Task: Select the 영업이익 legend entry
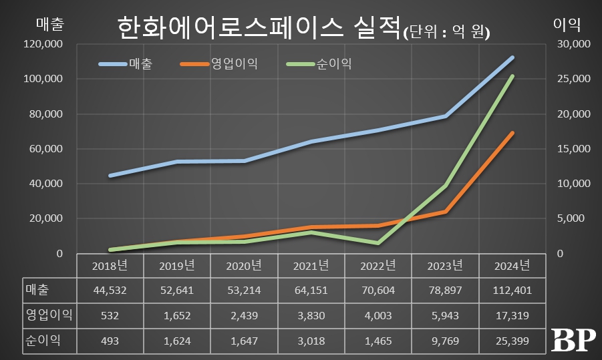[x=233, y=65]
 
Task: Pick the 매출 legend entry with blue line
[x=140, y=65]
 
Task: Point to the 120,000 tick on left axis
[x=43, y=44]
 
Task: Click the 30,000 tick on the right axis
[x=573, y=44]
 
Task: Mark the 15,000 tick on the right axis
[x=573, y=149]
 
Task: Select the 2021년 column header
[x=311, y=265]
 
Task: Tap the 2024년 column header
[x=512, y=265]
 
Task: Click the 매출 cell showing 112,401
[x=512, y=290]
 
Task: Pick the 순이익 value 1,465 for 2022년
[x=378, y=341]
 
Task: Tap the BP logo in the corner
[x=573, y=341]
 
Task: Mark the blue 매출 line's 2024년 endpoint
[x=512, y=57]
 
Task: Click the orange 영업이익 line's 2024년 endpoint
[x=512, y=133]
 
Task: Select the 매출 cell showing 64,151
[x=311, y=290]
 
